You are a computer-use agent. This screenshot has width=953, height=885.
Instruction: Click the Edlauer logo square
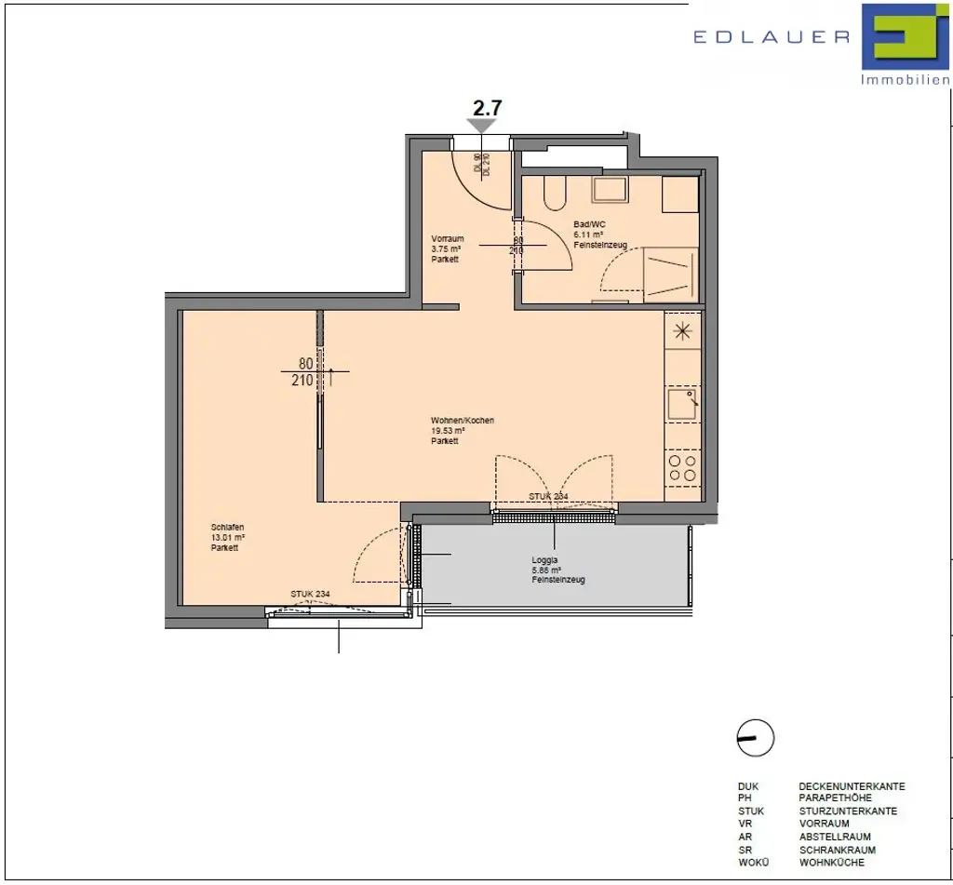click(902, 37)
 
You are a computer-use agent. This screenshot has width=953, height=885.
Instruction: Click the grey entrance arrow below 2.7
click(482, 126)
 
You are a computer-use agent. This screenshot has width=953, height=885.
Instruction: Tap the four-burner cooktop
click(683, 466)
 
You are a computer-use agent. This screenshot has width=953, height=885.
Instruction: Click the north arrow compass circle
click(755, 739)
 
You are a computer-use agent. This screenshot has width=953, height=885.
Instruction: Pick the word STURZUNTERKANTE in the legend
click(848, 811)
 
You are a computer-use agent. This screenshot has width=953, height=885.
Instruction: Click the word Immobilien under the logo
click(905, 81)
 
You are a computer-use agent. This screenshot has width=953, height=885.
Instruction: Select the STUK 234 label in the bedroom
click(310, 594)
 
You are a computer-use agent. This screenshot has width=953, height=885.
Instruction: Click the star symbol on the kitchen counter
click(683, 330)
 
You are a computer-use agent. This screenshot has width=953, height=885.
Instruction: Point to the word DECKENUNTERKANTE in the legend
click(852, 786)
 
